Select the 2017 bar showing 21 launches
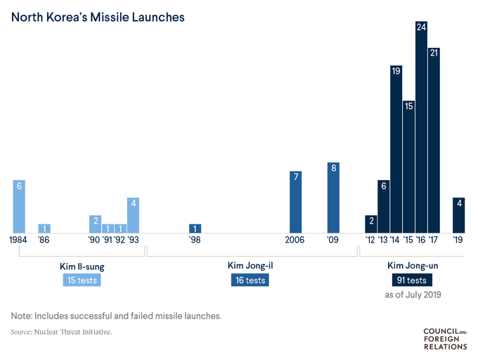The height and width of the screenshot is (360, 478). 434,141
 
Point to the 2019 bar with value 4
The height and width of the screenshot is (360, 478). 458,214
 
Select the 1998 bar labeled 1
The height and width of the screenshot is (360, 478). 195,228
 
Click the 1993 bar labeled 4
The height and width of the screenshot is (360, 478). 133,214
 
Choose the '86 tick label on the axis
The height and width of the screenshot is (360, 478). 44,240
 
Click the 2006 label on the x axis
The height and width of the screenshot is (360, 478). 296,240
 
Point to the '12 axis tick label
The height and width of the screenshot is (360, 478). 370,240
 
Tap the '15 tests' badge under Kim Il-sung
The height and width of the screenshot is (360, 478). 82,280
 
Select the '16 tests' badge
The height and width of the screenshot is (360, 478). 250,280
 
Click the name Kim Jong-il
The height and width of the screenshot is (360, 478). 250,266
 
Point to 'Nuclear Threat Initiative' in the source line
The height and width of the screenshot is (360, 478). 73,331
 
